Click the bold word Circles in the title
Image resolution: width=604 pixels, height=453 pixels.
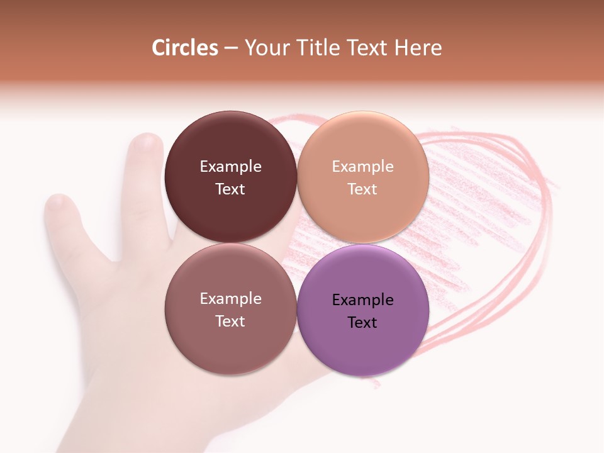tap(184, 48)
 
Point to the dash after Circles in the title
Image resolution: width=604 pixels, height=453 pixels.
tap(231, 48)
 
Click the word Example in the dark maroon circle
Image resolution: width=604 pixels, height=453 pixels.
tap(230, 167)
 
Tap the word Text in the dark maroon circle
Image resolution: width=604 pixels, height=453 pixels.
tap(230, 189)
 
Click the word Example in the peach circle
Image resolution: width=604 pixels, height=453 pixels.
tap(363, 167)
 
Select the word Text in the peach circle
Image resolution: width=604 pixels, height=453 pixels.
tap(363, 189)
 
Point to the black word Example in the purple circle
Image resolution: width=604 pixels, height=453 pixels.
tap(363, 300)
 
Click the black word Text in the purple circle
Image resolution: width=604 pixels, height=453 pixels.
tap(363, 323)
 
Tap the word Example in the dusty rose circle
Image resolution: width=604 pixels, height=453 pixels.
tap(230, 299)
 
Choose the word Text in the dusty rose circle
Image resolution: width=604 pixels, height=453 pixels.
tap(230, 322)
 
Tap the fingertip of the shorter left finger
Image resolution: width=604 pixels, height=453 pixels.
tap(57, 203)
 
